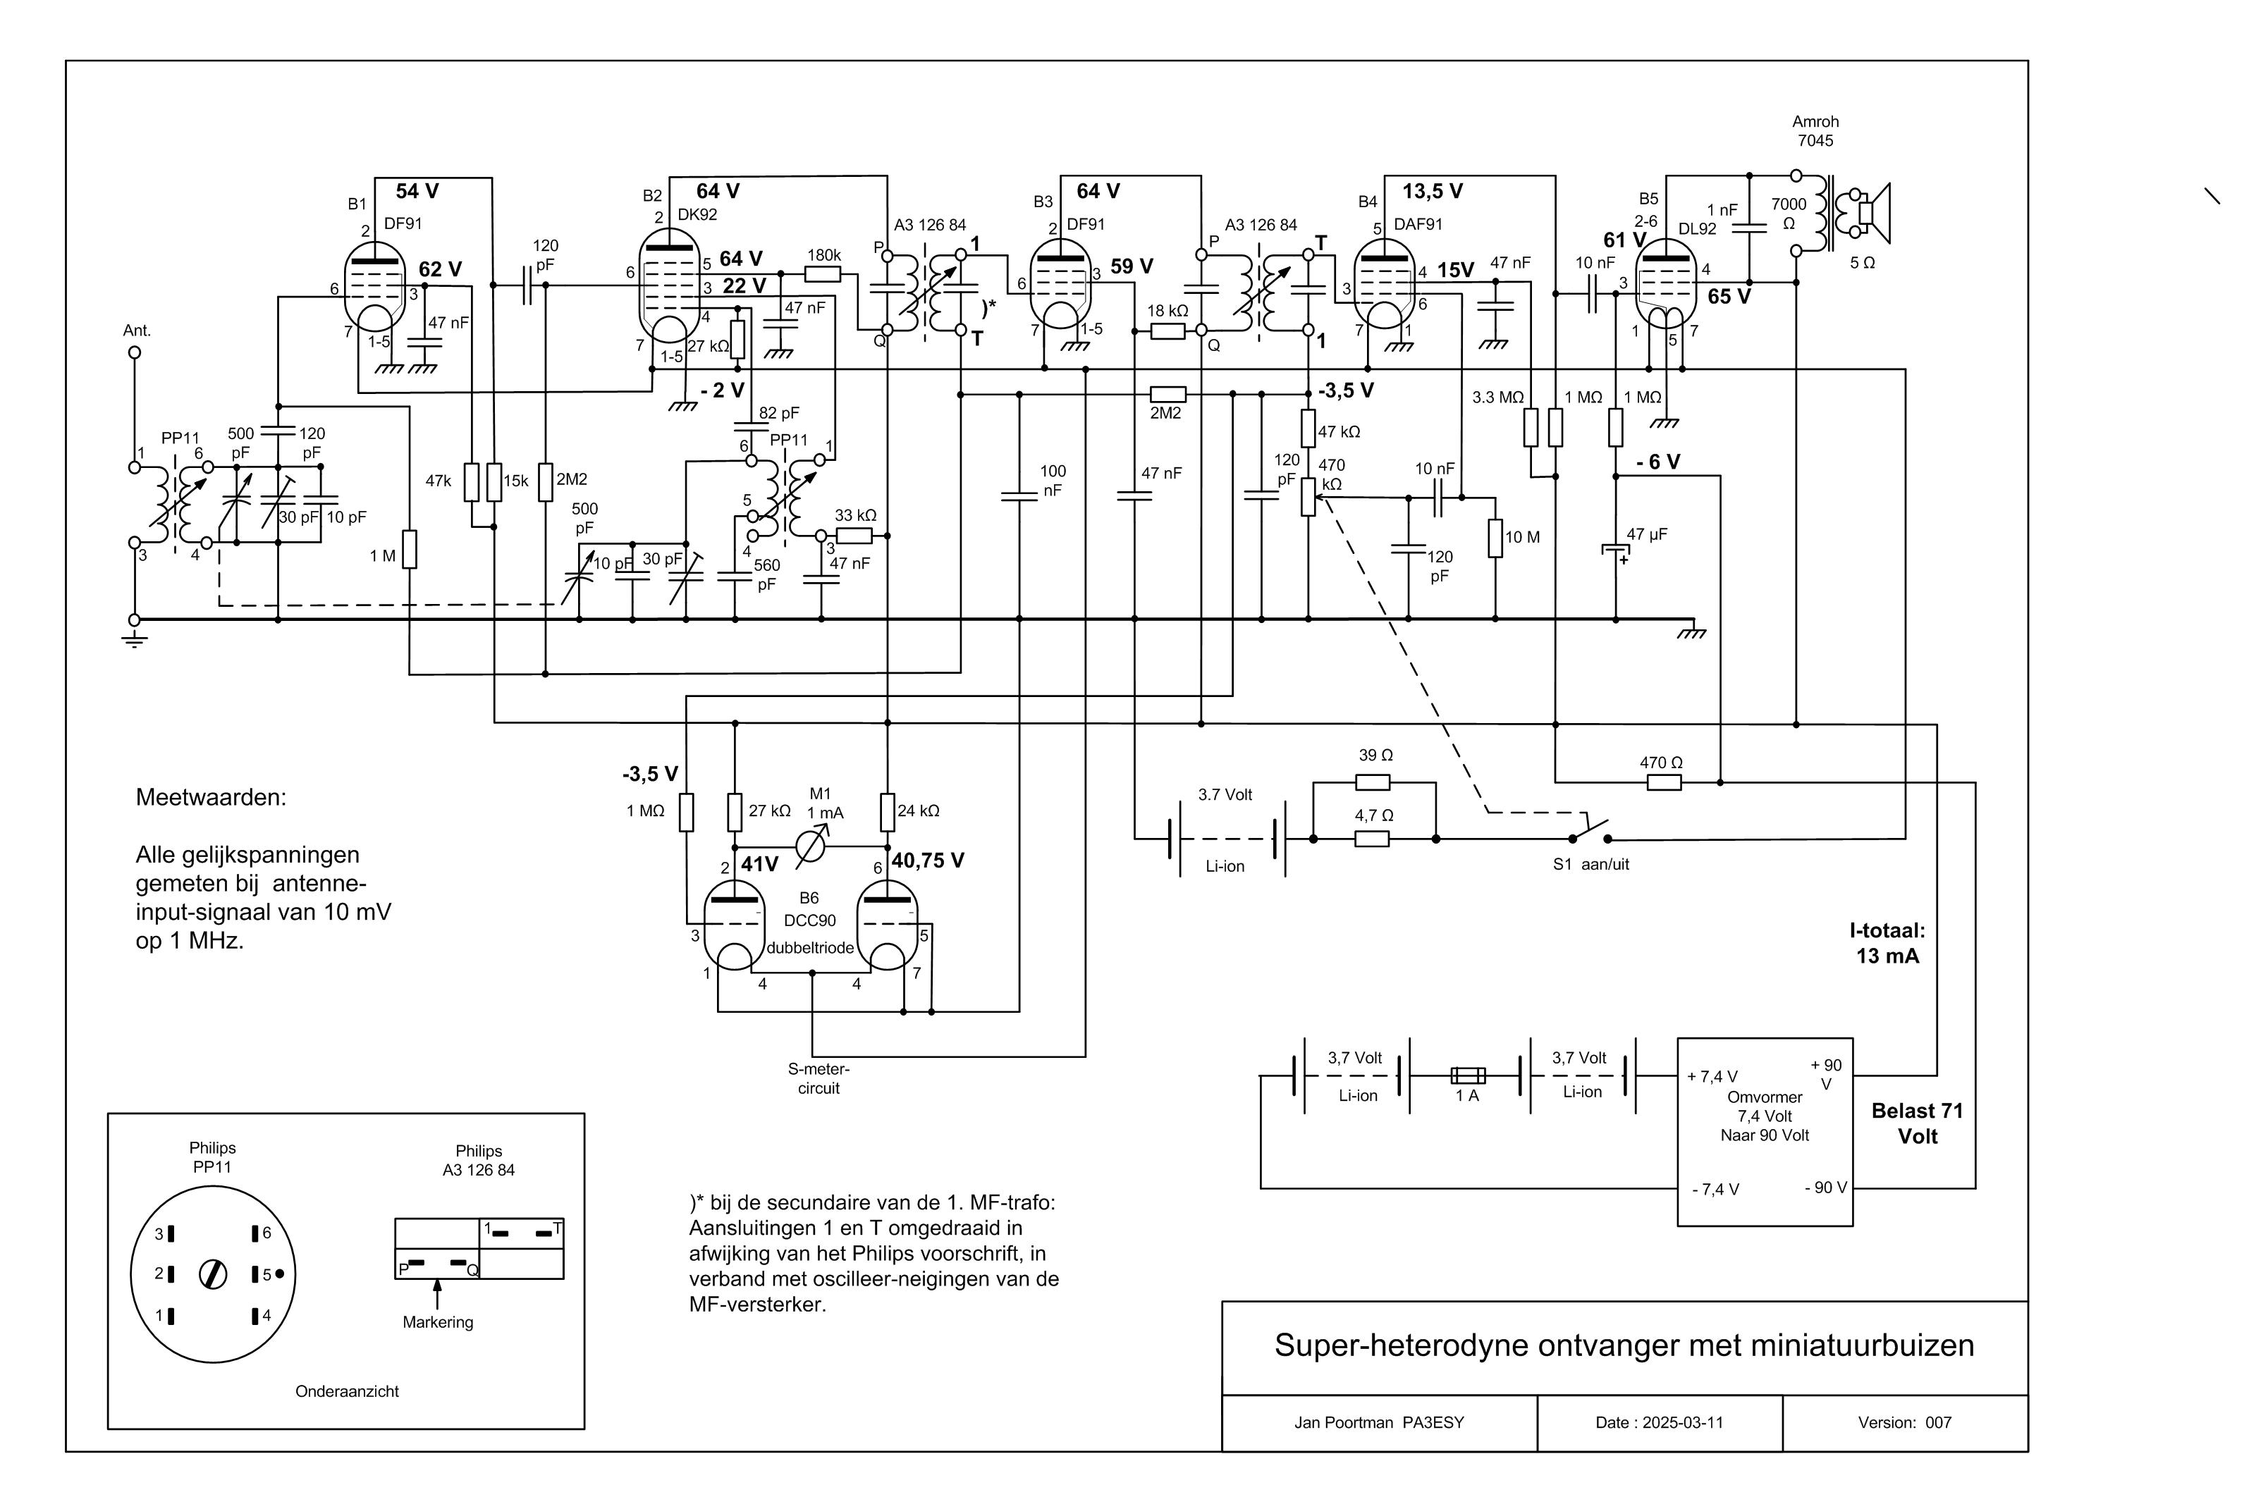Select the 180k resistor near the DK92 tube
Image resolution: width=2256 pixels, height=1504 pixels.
pyautogui.click(x=823, y=274)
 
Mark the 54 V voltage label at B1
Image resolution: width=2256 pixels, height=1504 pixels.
pyautogui.click(x=417, y=191)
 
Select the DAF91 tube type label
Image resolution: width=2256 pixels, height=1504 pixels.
pyautogui.click(x=1418, y=224)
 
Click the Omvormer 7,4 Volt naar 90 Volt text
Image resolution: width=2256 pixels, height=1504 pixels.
pyautogui.click(x=1764, y=1116)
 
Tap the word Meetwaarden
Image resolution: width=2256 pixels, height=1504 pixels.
pyautogui.click(x=211, y=798)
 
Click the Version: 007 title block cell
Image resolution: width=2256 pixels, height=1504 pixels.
pyautogui.click(x=1904, y=1422)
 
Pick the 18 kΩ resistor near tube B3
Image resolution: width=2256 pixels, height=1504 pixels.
pyautogui.click(x=1167, y=331)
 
